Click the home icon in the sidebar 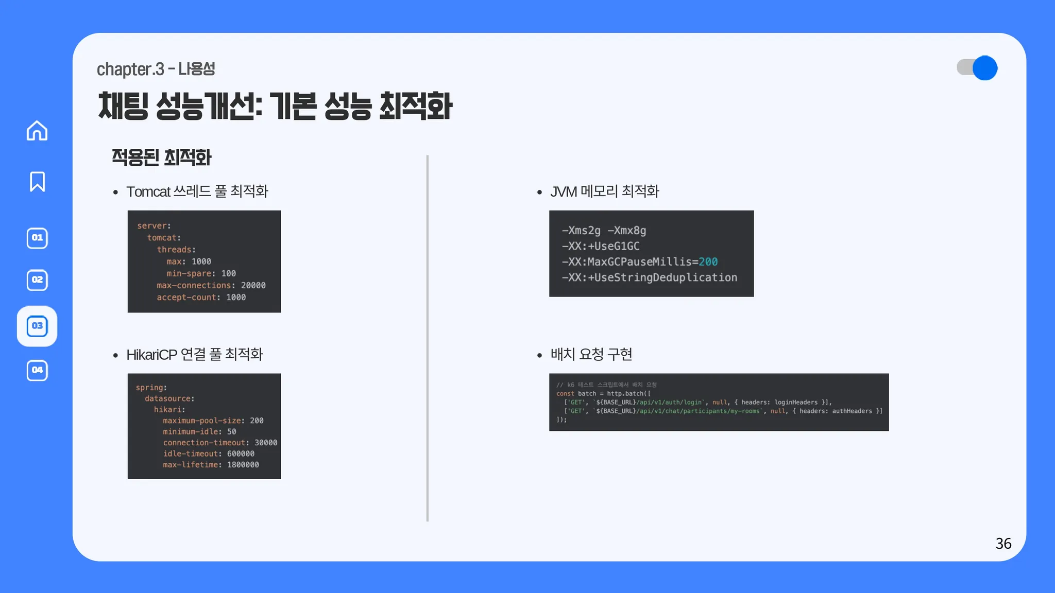tap(37, 131)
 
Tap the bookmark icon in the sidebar tap(37, 182)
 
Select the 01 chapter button tap(37, 238)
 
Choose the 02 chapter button tap(37, 280)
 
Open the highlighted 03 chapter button tap(37, 326)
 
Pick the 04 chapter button tap(37, 370)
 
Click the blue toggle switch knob tap(985, 68)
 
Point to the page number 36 tap(1003, 544)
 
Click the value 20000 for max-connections tap(253, 286)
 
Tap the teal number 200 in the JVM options tap(708, 262)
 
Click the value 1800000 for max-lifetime tap(243, 465)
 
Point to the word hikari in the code tap(168, 410)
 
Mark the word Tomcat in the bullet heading tap(148, 192)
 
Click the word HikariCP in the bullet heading tap(151, 355)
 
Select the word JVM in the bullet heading tap(564, 192)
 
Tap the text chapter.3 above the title tap(130, 69)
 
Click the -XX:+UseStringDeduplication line tap(650, 278)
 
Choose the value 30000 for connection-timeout tap(266, 443)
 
